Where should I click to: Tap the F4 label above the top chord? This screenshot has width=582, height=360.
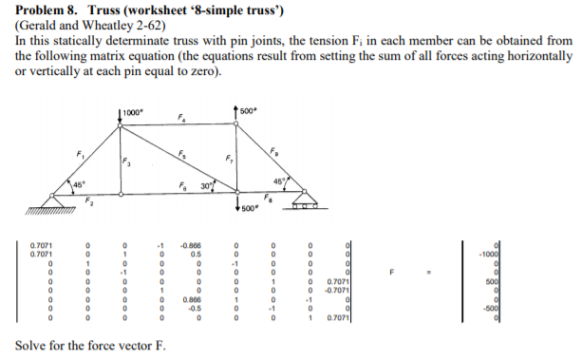[181, 119]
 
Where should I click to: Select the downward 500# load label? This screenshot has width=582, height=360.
[250, 208]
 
